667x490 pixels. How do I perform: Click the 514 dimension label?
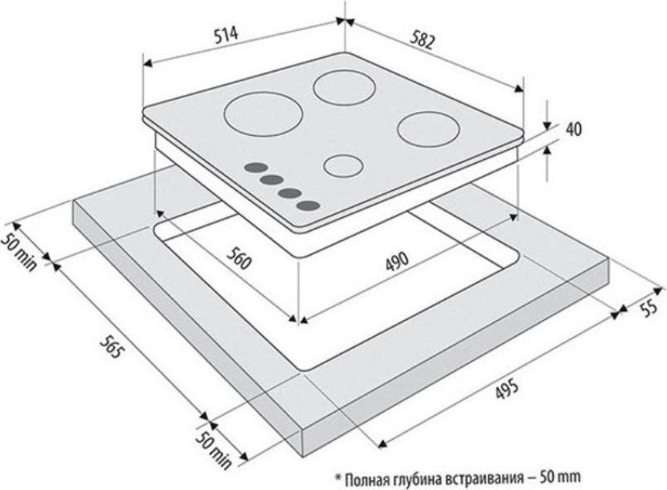click(x=227, y=36)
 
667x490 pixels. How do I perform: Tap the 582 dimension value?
click(x=423, y=41)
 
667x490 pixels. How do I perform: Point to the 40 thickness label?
click(x=573, y=129)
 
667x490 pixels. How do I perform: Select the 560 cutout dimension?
click(x=239, y=258)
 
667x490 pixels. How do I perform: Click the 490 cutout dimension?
click(x=397, y=260)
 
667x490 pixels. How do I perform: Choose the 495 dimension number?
click(x=507, y=389)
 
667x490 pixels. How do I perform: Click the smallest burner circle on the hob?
click(x=343, y=166)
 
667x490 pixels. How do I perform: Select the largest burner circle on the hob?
click(x=263, y=115)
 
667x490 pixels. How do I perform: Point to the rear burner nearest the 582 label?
click(x=344, y=88)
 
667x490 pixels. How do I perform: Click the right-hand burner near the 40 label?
click(x=429, y=129)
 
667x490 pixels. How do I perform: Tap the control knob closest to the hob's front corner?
click(x=308, y=206)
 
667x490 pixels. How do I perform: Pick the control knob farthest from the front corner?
click(x=256, y=167)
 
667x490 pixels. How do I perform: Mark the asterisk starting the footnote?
click(x=339, y=476)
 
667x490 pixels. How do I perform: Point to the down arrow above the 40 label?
click(x=547, y=114)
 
